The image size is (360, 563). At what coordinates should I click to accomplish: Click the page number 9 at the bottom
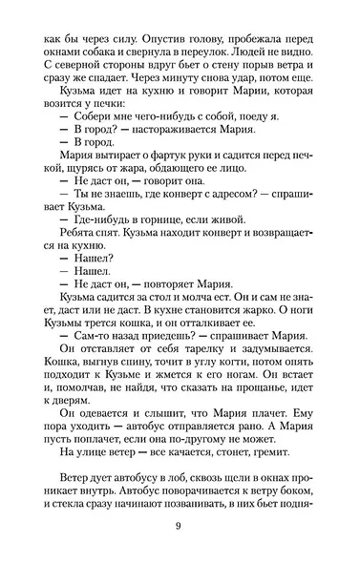(x=179, y=531)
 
